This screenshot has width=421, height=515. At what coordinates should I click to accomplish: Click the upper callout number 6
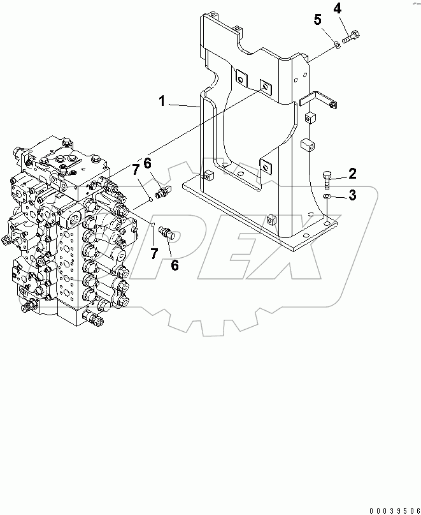(x=147, y=163)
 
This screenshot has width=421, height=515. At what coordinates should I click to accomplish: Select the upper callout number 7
(x=135, y=170)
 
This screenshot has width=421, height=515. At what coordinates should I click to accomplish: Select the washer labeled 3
(x=327, y=198)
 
